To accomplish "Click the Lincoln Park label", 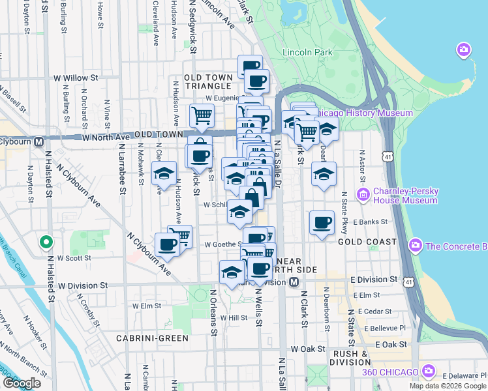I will point(307,52).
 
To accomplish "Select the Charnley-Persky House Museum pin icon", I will point(363,194).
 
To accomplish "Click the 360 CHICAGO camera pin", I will point(429,371).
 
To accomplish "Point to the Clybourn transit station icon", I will point(39,141).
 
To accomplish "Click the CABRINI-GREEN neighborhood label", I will point(152,338).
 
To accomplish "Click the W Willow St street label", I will point(76,78).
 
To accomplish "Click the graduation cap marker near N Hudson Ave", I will point(164,173).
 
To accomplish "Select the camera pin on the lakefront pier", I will point(464,50).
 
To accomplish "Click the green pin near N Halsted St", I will point(46,242).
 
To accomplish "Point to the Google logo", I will point(22,383).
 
